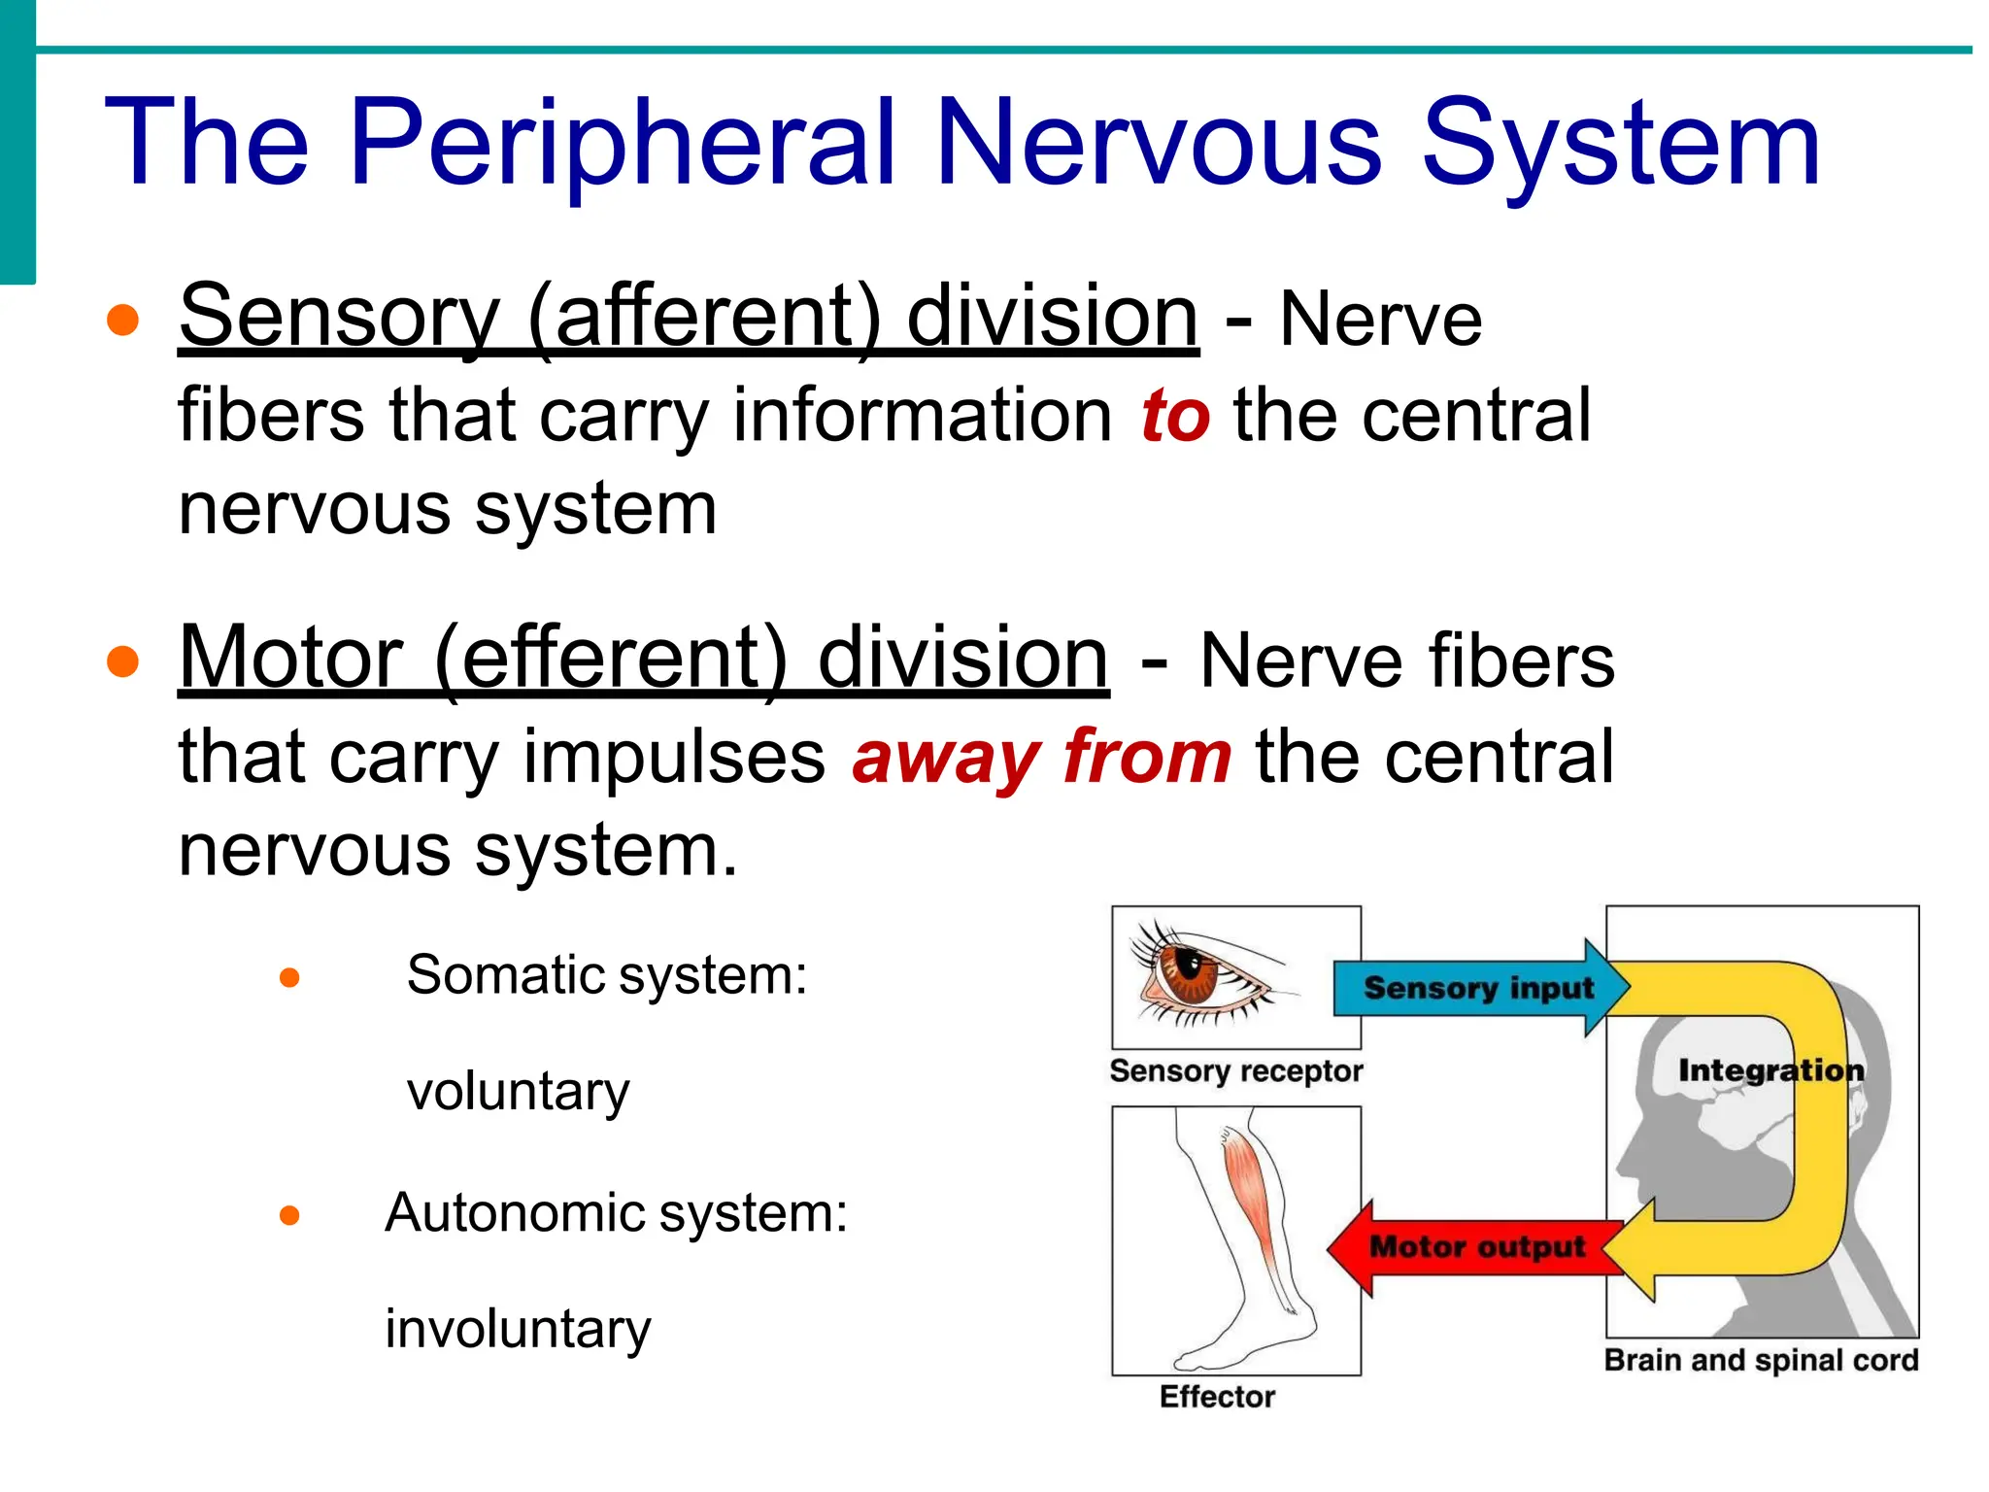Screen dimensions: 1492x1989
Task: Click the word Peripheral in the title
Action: click(622, 144)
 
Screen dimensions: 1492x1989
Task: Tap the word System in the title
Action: click(1620, 144)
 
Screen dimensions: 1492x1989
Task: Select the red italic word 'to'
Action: click(1175, 416)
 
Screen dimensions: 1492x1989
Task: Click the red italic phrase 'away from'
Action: click(1042, 757)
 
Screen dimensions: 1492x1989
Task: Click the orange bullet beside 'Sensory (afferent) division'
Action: click(123, 320)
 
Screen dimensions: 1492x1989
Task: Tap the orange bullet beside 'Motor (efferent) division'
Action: click(123, 661)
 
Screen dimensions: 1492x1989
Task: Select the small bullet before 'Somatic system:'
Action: click(289, 977)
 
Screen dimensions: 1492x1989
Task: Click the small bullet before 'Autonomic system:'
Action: click(289, 1215)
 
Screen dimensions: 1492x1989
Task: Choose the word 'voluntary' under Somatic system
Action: click(518, 1092)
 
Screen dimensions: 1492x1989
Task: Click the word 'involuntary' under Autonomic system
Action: click(518, 1329)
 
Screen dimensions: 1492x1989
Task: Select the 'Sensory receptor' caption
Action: click(1236, 1070)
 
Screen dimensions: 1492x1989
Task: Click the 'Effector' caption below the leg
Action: click(1217, 1397)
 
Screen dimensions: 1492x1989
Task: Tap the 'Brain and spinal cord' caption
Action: click(1761, 1360)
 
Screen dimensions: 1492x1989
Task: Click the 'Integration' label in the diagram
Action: click(1770, 1070)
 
